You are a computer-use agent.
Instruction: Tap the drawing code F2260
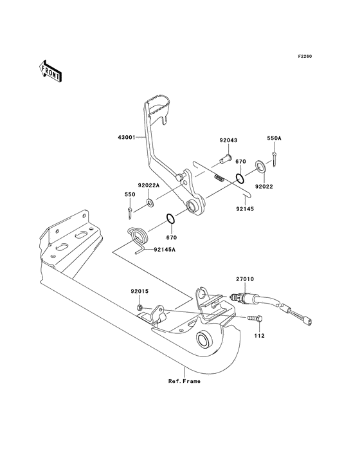click(x=304, y=57)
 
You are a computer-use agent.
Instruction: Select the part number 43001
click(x=127, y=138)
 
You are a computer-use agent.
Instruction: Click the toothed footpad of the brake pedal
click(x=164, y=105)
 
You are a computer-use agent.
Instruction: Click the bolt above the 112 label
click(x=252, y=319)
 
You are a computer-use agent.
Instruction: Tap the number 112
click(x=259, y=335)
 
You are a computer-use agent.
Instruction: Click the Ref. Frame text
click(x=184, y=381)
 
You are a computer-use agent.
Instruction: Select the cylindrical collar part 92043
click(x=225, y=156)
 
